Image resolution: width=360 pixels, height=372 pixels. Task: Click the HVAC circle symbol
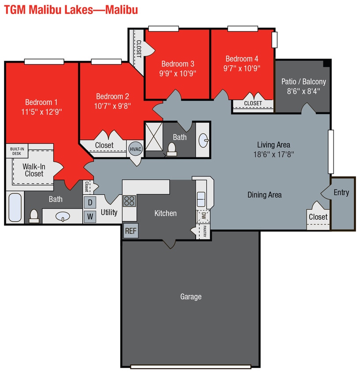pos(135,149)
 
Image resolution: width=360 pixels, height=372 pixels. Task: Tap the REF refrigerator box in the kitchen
pos(130,231)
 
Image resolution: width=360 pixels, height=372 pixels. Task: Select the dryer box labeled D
pos(90,202)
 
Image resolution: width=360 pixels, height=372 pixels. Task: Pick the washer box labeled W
pos(90,216)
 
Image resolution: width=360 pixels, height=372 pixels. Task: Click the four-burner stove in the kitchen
pos(129,201)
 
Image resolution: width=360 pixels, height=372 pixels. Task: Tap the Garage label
pos(191,297)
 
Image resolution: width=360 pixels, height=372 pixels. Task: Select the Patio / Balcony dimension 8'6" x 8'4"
pos(304,91)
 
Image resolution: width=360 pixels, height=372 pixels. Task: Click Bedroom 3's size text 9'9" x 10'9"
pos(178,73)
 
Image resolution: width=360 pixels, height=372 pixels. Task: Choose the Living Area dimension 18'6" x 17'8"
pos(273,154)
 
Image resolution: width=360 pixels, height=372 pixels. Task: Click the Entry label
pos(341,192)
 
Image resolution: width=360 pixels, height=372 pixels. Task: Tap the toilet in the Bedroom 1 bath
pos(33,215)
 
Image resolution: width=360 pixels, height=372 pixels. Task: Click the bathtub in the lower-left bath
pos(15,208)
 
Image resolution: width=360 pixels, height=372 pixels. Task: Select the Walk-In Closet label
pos(34,170)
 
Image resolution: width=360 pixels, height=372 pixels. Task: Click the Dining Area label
pos(264,195)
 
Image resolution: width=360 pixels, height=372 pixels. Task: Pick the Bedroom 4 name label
pos(242,59)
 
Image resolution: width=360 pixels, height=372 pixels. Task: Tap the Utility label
pos(109,212)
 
